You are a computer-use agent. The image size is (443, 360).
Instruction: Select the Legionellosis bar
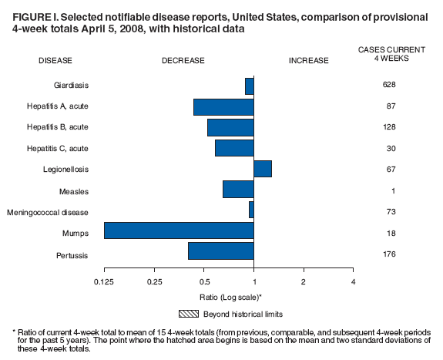pos(263,169)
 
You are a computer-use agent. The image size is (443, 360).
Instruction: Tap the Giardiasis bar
pos(250,86)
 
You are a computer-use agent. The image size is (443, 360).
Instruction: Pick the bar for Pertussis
pos(221,251)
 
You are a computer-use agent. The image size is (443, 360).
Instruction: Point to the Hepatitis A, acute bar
pos(223,106)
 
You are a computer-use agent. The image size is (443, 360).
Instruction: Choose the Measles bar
pos(238,189)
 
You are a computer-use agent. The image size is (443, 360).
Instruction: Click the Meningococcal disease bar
pos(251,210)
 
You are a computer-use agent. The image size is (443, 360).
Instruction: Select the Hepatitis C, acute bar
pos(234,147)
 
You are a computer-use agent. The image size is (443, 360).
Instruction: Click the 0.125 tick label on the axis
pos(104,281)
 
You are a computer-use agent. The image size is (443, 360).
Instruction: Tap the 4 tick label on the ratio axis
pos(353,281)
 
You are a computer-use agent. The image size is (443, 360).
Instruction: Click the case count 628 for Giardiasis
pos(389,86)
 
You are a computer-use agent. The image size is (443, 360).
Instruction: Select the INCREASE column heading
pos(308,60)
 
